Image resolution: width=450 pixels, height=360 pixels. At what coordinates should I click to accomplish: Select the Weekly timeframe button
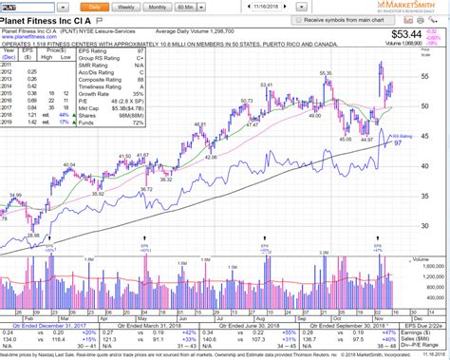(125, 6)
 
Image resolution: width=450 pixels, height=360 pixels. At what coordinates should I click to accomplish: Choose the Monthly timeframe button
(158, 6)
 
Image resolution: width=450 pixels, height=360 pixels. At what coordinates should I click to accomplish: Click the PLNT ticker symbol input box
(23, 6)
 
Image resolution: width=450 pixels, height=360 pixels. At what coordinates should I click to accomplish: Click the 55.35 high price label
(325, 72)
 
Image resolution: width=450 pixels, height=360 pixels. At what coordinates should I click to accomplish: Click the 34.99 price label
(14, 194)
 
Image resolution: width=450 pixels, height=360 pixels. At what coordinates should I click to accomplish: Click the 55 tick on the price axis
(424, 75)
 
